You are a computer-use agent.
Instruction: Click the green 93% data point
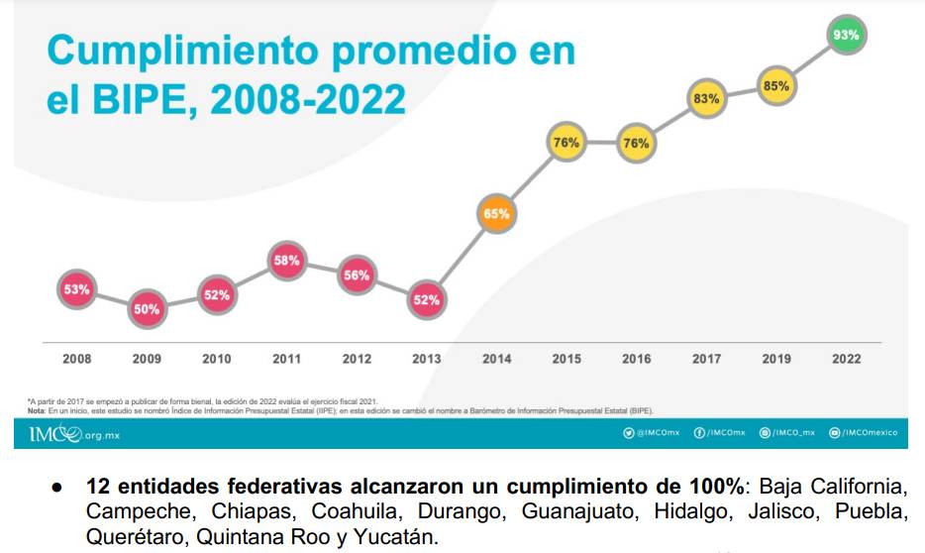(846, 35)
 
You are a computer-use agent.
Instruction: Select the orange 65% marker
(497, 213)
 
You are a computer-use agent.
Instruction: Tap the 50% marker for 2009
(147, 309)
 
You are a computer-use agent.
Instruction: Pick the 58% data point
(287, 261)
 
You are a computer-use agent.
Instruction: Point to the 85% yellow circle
(776, 86)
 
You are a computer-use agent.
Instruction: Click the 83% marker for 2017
(706, 99)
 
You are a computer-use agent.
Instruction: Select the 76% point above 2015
(565, 143)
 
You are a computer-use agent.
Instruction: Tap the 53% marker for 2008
(77, 290)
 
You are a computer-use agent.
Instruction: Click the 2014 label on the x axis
(497, 359)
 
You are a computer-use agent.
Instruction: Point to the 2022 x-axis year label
(846, 359)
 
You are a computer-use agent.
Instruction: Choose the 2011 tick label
(287, 359)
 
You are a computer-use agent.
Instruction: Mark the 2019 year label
(776, 359)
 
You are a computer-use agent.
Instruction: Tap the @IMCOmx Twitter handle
(652, 433)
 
